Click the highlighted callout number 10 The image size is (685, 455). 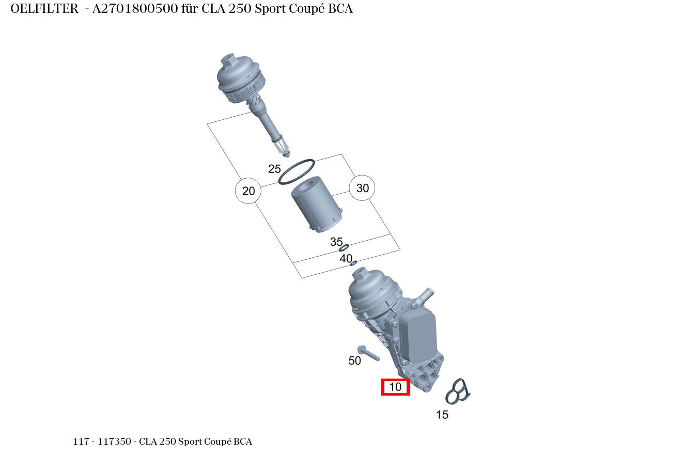[395, 387]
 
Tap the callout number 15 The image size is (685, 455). [442, 415]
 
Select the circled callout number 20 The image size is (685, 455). [248, 191]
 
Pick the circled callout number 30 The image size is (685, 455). [363, 188]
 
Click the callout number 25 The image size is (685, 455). [274, 169]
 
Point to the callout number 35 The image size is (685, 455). [336, 242]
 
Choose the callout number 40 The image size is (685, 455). [346, 258]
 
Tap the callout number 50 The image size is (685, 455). [354, 361]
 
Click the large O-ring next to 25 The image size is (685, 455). [297, 171]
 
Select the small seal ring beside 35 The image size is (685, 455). [345, 248]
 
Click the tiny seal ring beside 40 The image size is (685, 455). [353, 263]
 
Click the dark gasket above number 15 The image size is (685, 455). [458, 391]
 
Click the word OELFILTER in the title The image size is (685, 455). [44, 9]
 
